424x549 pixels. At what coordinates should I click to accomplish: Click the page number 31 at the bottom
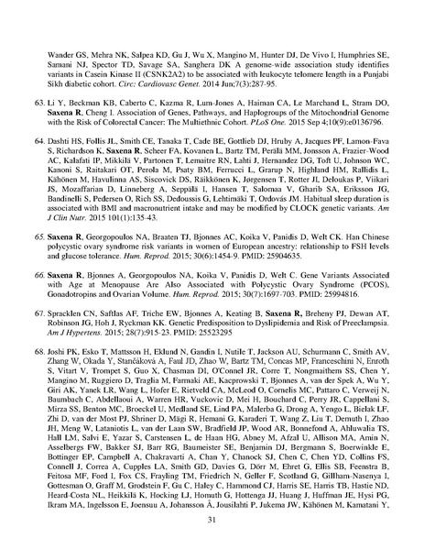(x=212, y=522)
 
